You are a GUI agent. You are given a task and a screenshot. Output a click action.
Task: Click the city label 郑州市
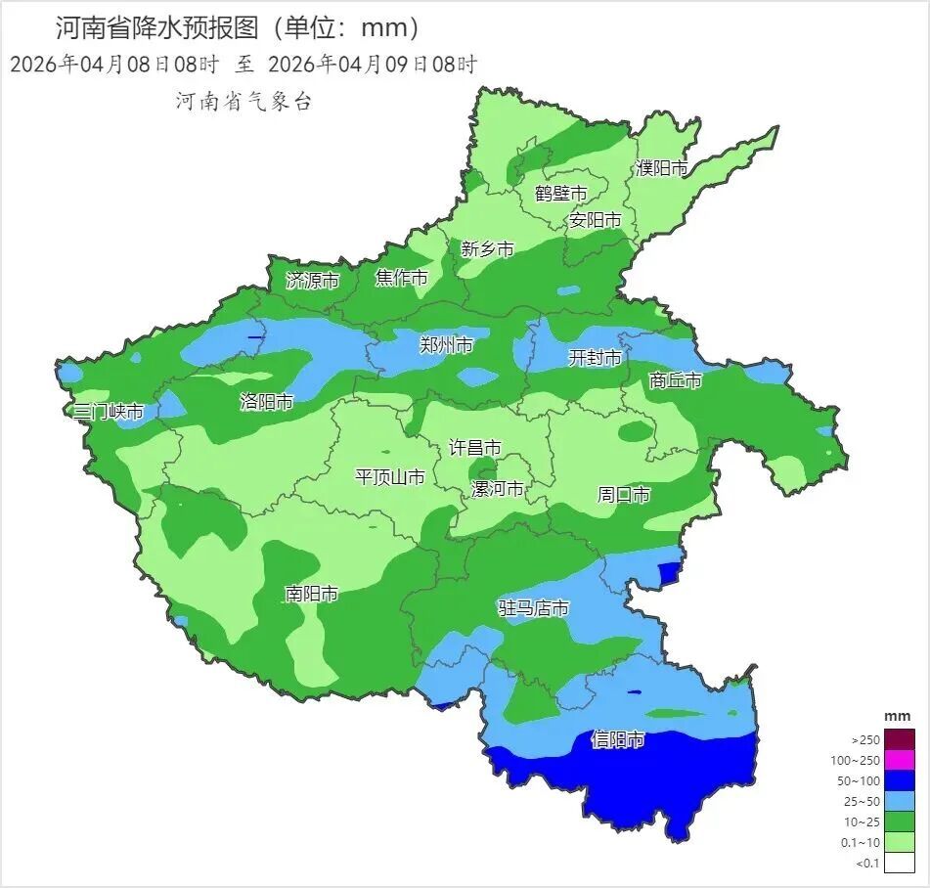[x=446, y=345]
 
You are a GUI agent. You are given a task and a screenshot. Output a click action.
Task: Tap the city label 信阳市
[x=618, y=740]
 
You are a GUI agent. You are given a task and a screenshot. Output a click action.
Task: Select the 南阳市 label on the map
[x=311, y=594]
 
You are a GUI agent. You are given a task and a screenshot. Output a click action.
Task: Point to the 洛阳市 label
[x=266, y=402]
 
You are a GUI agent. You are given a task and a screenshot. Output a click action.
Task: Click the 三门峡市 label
[x=109, y=412]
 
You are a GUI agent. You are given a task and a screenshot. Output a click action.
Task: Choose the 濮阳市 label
[x=662, y=168]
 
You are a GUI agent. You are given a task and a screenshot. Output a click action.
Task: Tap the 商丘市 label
[x=676, y=380]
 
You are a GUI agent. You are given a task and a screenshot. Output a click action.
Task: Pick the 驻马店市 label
[x=533, y=608]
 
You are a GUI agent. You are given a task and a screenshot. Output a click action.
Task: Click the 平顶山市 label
[x=389, y=477]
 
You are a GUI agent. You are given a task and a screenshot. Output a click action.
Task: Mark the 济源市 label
[x=312, y=281]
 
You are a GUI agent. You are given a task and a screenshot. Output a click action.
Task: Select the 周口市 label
[x=623, y=495]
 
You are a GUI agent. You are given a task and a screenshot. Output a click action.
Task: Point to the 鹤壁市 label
[x=560, y=193]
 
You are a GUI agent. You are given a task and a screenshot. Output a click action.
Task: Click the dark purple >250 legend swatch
[x=901, y=739]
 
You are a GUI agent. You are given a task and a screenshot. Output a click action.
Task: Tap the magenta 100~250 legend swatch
[x=901, y=760]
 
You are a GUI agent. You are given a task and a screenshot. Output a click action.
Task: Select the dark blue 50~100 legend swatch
[x=901, y=780]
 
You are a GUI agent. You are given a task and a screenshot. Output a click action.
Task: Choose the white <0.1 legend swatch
[x=901, y=862]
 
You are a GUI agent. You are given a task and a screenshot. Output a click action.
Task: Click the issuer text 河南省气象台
[x=243, y=101]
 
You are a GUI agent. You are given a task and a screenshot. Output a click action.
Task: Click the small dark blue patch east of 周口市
[x=669, y=572]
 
